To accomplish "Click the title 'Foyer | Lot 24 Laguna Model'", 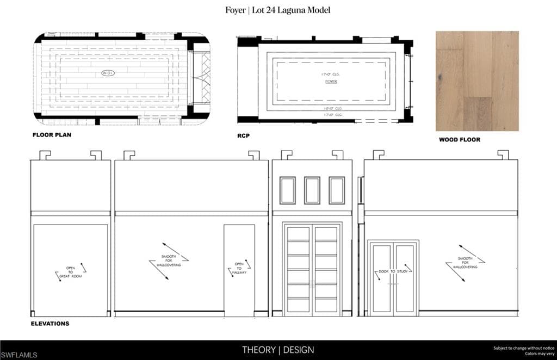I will (x=278, y=10).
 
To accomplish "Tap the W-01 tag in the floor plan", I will (x=107, y=73).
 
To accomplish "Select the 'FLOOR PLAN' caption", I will (x=52, y=134).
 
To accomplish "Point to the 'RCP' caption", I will (x=243, y=135).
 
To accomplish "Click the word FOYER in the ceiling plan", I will (x=331, y=82).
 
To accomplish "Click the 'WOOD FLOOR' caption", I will (x=460, y=140).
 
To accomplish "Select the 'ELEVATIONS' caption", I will (x=50, y=324).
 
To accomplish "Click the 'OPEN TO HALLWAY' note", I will (x=240, y=268).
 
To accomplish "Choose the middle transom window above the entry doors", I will (x=312, y=190).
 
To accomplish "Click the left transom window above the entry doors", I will (x=287, y=190).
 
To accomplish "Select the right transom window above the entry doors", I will (x=337, y=190).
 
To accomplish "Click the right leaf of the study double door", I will (x=405, y=277).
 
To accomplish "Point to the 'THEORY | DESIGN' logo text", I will (x=278, y=350).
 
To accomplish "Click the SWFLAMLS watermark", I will (x=19, y=355).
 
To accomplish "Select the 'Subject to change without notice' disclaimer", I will (x=523, y=348).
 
